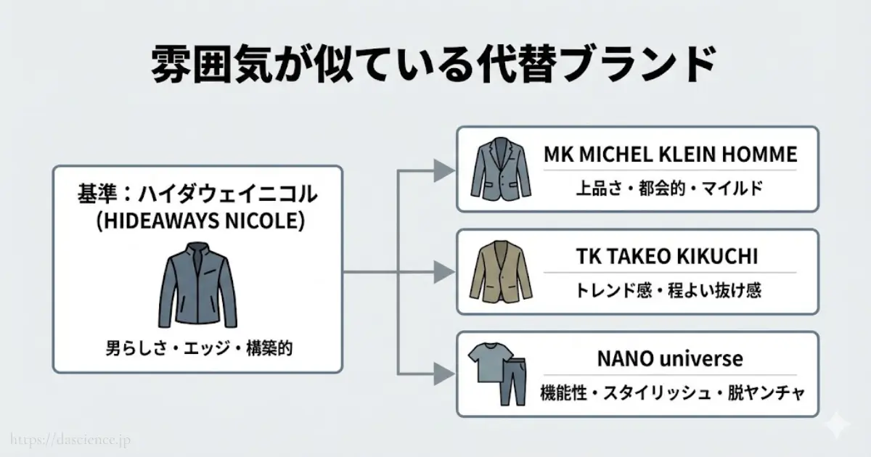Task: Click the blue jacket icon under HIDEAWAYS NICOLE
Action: [x=197, y=285]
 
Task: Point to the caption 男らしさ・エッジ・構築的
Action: [x=198, y=349]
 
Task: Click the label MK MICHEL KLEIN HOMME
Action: [x=670, y=155]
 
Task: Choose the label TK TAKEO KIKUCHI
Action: [x=670, y=257]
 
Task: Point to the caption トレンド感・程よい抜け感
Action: [x=670, y=291]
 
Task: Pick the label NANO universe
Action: [x=670, y=358]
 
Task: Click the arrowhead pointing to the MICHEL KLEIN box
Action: [x=442, y=170]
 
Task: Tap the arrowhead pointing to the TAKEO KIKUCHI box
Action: [x=442, y=273]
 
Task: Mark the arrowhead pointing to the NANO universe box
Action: [x=442, y=375]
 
